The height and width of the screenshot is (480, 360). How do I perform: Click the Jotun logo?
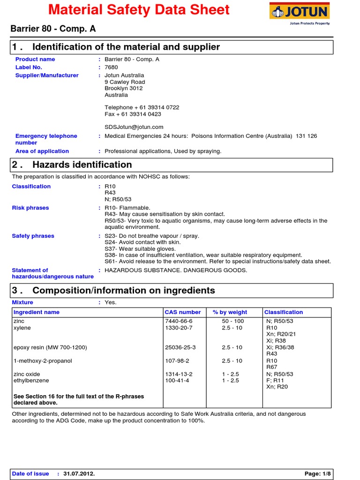pos(299,13)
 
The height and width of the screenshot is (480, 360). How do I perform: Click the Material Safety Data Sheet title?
pos(139,10)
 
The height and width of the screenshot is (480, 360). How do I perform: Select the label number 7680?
pos(112,67)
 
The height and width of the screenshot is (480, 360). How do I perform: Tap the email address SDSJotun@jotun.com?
pos(134,127)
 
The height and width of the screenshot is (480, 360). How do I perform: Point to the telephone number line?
pos(142,107)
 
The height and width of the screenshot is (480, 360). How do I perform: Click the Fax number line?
pos(133,114)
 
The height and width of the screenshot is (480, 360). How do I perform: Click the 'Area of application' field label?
pos(42,151)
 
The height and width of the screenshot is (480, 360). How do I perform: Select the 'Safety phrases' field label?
pos(33,236)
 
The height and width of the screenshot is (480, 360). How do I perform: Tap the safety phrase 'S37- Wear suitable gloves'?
pos(140,249)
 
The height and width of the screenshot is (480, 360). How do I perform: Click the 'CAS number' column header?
pos(183,312)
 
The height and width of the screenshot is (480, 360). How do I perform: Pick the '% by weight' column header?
pos(230,312)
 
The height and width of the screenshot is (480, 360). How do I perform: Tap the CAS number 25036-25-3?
pos(180,347)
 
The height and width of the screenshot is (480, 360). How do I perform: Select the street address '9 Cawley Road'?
pos(125,82)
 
